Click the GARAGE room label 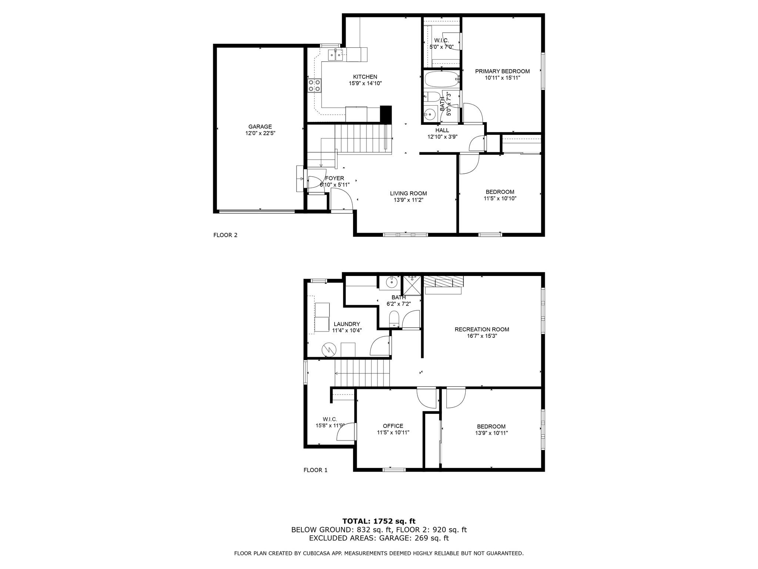click(x=260, y=127)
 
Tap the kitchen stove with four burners click(x=314, y=86)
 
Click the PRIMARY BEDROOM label click(x=502, y=71)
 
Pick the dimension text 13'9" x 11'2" click(x=408, y=200)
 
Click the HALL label click(x=442, y=130)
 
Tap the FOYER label click(x=334, y=178)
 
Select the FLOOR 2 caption click(x=225, y=235)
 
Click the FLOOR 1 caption click(x=315, y=470)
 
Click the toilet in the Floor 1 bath click(x=394, y=319)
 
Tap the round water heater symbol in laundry click(x=328, y=349)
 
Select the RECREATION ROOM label click(x=482, y=329)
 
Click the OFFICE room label click(x=393, y=426)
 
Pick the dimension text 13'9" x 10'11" click(x=491, y=433)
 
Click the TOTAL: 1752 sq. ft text click(x=379, y=521)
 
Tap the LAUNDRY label click(x=346, y=324)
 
